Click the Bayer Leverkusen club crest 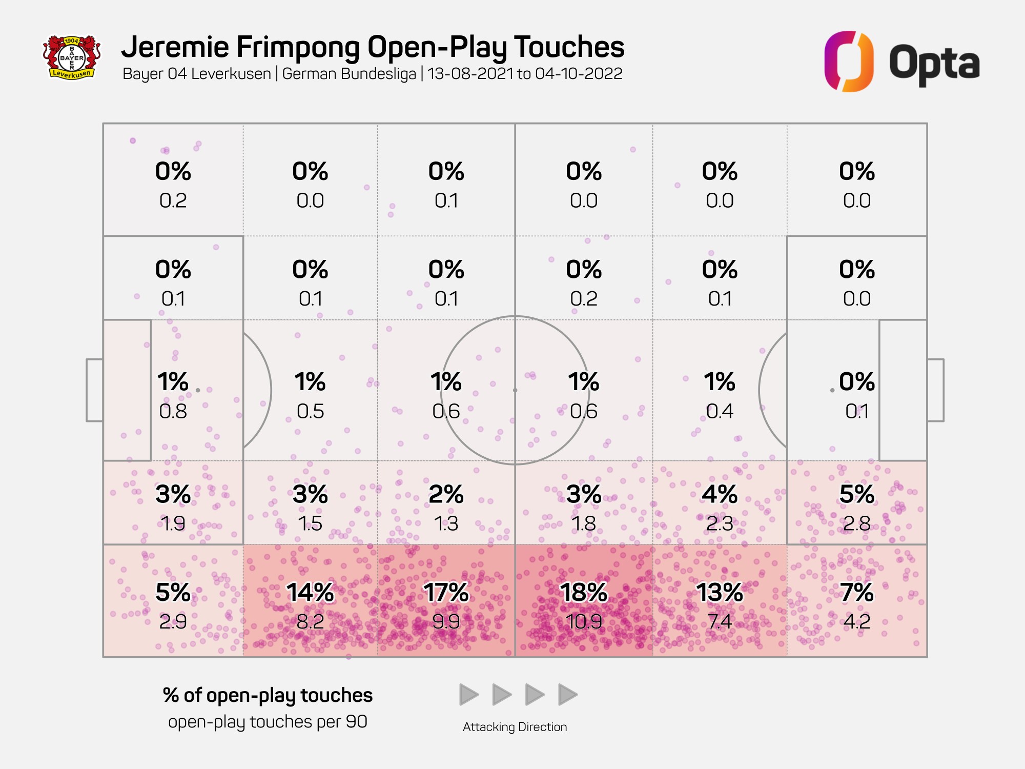tap(72, 57)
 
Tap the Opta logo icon tap(849, 62)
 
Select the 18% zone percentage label tap(583, 593)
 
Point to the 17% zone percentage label tap(446, 593)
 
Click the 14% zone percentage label tap(310, 593)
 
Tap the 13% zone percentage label tap(720, 593)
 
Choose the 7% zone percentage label tap(857, 593)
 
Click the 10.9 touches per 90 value tap(583, 622)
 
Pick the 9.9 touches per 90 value tap(446, 622)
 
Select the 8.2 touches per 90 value tap(310, 622)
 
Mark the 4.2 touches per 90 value tap(857, 622)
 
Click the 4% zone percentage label tap(720, 494)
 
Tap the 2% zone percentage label tap(446, 494)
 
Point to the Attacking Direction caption tap(515, 727)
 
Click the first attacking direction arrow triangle tap(468, 695)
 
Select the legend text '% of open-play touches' tap(268, 695)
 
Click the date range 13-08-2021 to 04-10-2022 tap(525, 74)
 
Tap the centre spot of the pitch tap(515, 390)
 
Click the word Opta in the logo tap(934, 64)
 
